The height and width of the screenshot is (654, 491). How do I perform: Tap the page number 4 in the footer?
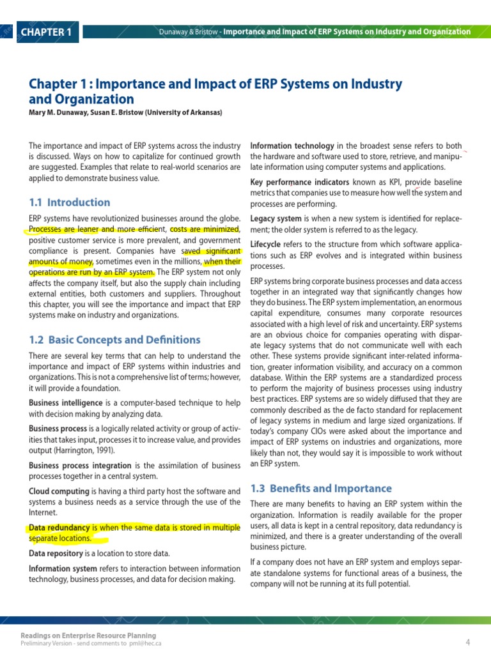click(x=468, y=641)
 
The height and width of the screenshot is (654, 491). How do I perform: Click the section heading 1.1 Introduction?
click(x=69, y=202)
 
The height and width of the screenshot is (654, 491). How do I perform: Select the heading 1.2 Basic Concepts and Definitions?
click(x=114, y=340)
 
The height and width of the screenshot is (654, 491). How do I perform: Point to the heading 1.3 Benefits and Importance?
click(x=320, y=489)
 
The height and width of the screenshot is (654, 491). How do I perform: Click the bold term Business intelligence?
click(x=65, y=403)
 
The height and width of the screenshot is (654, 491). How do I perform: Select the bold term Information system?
click(x=63, y=568)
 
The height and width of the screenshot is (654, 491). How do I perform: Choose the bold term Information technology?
click(x=292, y=146)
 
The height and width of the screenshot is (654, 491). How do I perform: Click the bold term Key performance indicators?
click(x=295, y=182)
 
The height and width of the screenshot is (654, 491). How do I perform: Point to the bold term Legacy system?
click(x=276, y=218)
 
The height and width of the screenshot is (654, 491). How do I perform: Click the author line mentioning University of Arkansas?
click(x=125, y=112)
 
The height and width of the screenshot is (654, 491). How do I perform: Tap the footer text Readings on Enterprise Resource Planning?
click(x=88, y=635)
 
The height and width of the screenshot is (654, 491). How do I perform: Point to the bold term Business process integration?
click(x=80, y=466)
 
